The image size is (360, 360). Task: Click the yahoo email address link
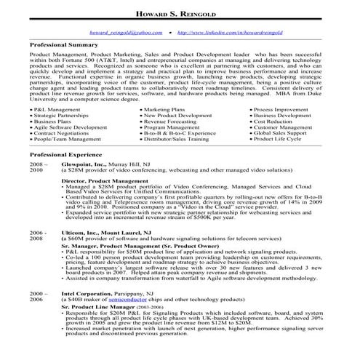(x=125, y=33)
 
